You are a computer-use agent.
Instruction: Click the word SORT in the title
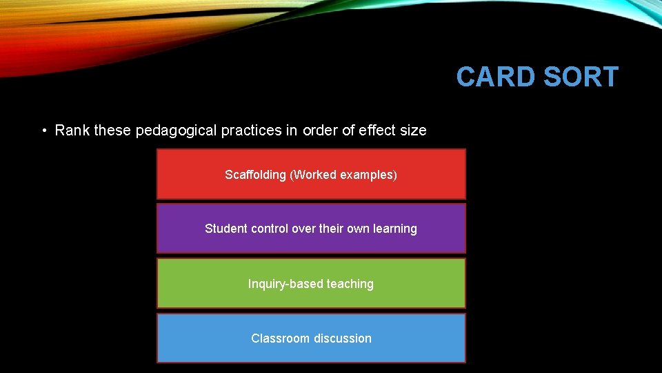pos(581,77)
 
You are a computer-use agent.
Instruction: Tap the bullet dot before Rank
pos(43,131)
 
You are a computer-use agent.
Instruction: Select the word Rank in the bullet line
pos(72,131)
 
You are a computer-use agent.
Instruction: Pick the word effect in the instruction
pos(378,131)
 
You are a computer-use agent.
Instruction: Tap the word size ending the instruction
pos(414,131)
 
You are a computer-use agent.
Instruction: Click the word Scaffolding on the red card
pos(255,175)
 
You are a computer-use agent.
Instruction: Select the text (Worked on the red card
pos(310,175)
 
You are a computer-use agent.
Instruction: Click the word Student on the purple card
pos(225,229)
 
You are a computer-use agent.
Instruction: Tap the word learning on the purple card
pos(395,229)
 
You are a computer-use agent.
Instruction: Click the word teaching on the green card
pos(350,284)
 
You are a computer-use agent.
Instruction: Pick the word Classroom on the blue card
pos(280,338)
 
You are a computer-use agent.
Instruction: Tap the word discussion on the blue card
pos(342,338)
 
